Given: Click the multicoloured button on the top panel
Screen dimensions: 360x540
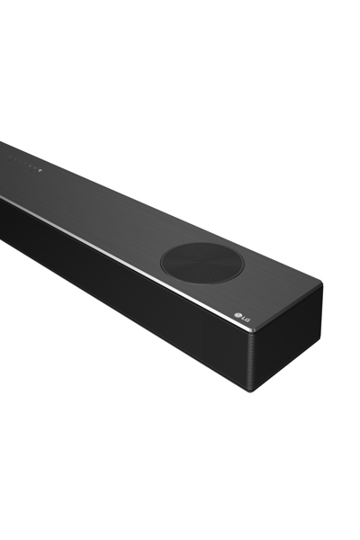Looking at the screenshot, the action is pyautogui.click(x=40, y=170).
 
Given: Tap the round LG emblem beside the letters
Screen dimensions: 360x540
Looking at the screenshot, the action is pyautogui.click(x=238, y=314).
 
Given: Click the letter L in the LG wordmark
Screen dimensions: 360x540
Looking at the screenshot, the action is pyautogui.click(x=242, y=317).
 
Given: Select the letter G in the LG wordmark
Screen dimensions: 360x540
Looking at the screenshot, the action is pyautogui.click(x=247, y=320).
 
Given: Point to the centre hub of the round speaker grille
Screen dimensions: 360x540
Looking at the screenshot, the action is pyautogui.click(x=202, y=263).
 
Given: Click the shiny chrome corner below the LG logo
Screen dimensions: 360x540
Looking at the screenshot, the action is pyautogui.click(x=256, y=330).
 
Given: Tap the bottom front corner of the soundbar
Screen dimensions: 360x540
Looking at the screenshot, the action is pyautogui.click(x=251, y=391).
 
